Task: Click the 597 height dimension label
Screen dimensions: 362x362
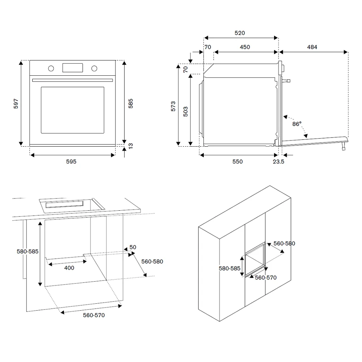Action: [x=16, y=104]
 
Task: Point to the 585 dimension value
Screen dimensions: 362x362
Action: [x=131, y=104]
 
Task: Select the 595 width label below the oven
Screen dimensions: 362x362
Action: [x=71, y=162]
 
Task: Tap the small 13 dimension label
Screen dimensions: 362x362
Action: [x=131, y=146]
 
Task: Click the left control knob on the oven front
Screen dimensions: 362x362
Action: [x=51, y=68]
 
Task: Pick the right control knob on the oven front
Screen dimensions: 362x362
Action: [x=94, y=68]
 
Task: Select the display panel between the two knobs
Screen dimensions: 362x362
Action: [x=73, y=68]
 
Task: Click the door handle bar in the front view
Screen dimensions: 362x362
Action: [x=72, y=80]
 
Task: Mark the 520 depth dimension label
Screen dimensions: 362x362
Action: [x=240, y=33]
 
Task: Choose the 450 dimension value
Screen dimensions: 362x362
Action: [x=245, y=47]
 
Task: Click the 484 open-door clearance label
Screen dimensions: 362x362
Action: [x=312, y=47]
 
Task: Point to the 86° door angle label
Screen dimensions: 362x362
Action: [x=297, y=124]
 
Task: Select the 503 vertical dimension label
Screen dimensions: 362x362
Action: [x=185, y=110]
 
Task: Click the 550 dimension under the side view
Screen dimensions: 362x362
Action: [x=237, y=162]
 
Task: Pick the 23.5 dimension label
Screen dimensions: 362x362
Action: [x=278, y=162]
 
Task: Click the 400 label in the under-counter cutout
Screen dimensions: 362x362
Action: [x=69, y=268]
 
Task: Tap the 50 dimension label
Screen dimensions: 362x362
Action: [x=133, y=247]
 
